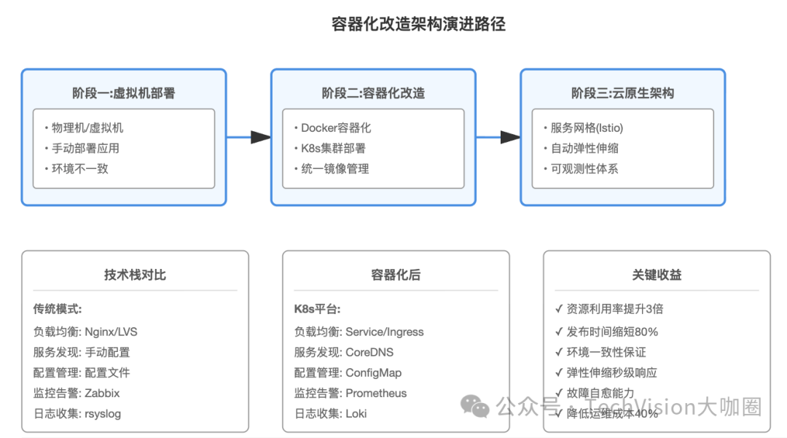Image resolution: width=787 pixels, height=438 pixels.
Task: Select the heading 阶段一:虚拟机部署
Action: [123, 93]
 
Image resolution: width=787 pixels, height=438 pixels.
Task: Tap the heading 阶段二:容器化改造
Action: [373, 93]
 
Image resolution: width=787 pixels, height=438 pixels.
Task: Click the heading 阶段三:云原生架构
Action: [622, 93]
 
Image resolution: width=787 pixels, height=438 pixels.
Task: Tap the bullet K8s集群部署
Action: [333, 148]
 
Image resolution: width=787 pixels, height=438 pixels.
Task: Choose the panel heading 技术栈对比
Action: [135, 275]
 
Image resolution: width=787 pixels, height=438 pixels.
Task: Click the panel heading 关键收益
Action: [657, 275]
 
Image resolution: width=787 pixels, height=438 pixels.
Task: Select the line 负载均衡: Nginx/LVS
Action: [85, 332]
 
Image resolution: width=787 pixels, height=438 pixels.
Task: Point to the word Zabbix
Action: [102, 393]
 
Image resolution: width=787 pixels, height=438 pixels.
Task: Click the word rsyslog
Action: [103, 413]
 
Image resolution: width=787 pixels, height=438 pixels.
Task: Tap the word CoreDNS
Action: [369, 352]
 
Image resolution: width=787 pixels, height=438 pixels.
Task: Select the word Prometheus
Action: [376, 393]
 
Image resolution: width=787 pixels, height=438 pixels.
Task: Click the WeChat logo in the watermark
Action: [478, 407]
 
